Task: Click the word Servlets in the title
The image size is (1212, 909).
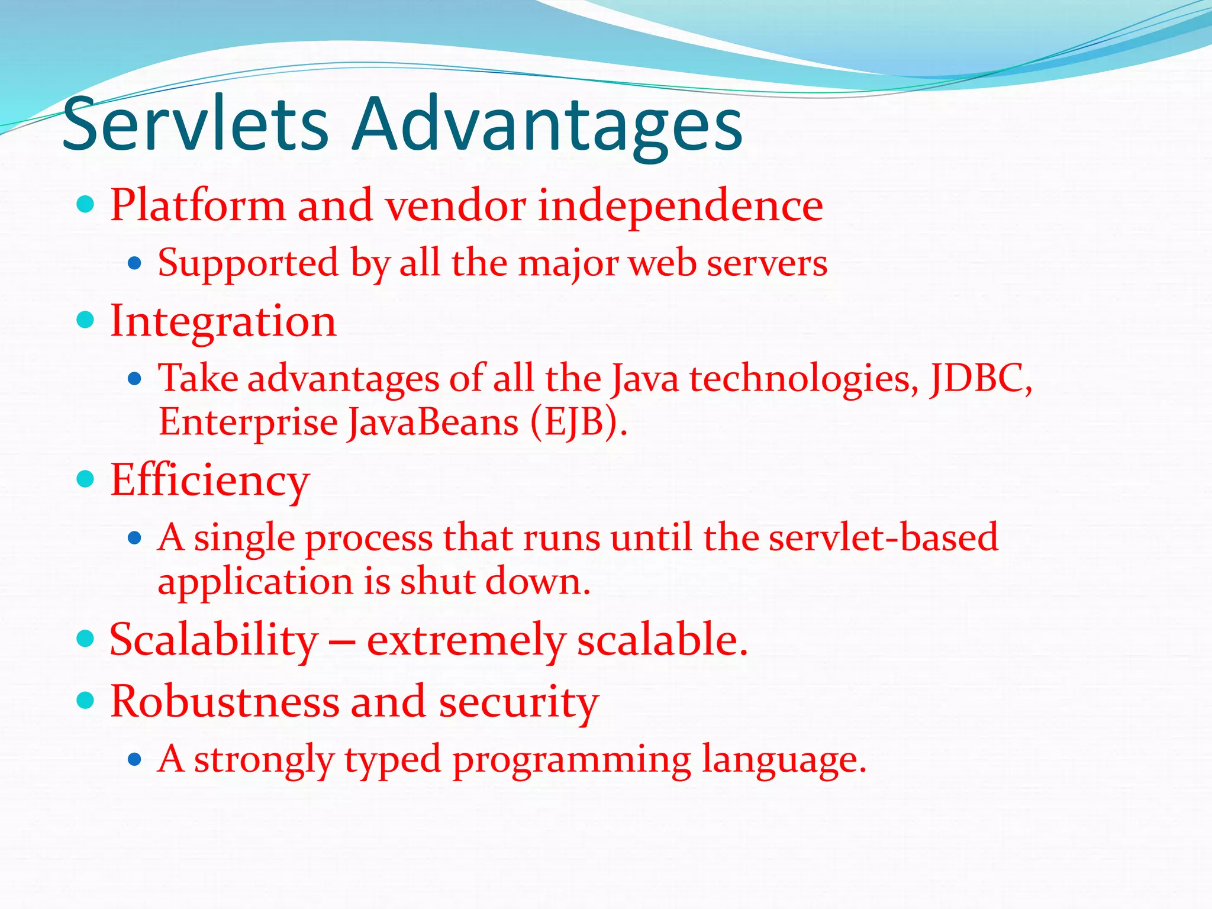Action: click(195, 125)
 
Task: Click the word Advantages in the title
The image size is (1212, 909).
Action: click(547, 125)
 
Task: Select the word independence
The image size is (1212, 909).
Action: click(681, 205)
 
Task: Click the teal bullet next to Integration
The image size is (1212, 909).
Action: click(86, 320)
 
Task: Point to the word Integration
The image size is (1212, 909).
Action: click(223, 321)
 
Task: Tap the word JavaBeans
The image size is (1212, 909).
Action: click(433, 423)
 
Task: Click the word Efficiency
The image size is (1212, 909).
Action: click(209, 481)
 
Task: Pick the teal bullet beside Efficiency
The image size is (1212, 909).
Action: click(86, 478)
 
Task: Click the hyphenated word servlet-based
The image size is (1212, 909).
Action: click(883, 537)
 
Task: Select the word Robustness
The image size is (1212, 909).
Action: click(225, 702)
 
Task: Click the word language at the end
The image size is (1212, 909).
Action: click(784, 760)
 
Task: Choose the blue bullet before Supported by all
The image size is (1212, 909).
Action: click(135, 263)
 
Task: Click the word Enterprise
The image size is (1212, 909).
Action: click(248, 423)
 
